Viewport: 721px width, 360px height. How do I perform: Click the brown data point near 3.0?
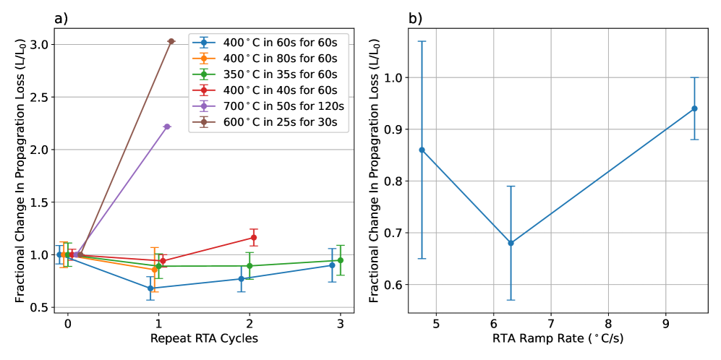point(171,41)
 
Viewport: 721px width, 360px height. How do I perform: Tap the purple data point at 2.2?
point(167,127)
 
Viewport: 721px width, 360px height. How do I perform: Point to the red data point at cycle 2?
point(254,237)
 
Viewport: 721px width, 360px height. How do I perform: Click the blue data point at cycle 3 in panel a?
point(332,265)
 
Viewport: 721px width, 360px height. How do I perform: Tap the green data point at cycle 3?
point(340,260)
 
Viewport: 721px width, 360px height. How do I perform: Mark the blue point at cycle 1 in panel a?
point(150,288)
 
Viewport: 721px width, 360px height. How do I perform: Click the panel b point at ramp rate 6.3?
point(511,243)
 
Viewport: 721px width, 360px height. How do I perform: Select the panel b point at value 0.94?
point(694,108)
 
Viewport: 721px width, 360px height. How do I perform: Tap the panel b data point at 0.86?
point(422,150)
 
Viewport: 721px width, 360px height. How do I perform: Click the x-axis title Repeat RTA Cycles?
point(203,339)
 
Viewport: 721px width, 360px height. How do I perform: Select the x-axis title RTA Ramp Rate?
point(558,339)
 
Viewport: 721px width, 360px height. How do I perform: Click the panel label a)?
point(61,19)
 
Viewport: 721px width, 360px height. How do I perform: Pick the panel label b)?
point(416,19)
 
